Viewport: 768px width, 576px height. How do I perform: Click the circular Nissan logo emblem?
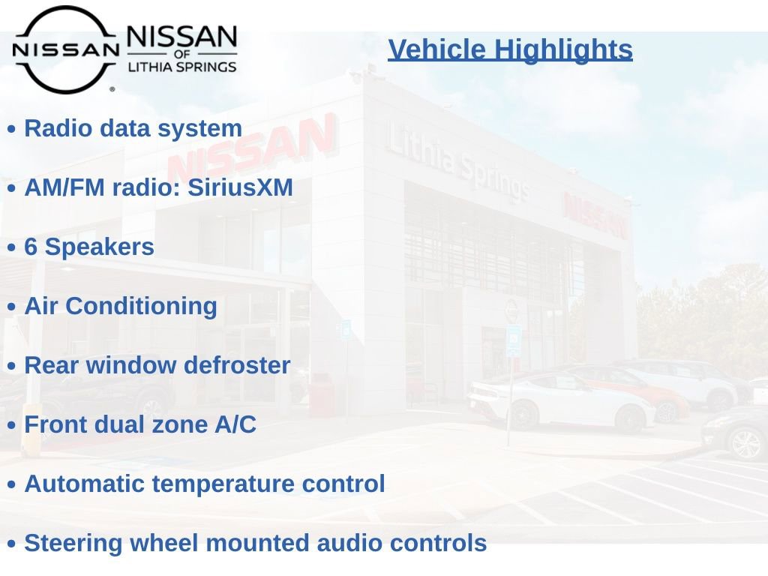click(x=66, y=49)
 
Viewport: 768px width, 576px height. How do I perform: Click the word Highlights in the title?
click(x=563, y=50)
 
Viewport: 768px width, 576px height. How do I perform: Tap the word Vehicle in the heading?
click(x=437, y=49)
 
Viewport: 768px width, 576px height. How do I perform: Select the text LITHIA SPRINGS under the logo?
click(x=182, y=67)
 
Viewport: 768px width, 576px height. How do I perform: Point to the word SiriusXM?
click(x=240, y=187)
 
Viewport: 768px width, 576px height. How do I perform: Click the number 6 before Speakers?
click(x=31, y=247)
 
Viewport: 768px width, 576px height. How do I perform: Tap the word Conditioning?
click(x=141, y=307)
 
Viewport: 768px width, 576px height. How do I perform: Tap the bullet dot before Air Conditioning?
click(x=12, y=307)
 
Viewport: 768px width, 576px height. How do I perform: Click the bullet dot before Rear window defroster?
click(x=12, y=366)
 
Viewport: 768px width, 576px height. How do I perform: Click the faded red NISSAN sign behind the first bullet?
click(x=252, y=148)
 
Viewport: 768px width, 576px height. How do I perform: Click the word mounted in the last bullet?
click(x=258, y=543)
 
